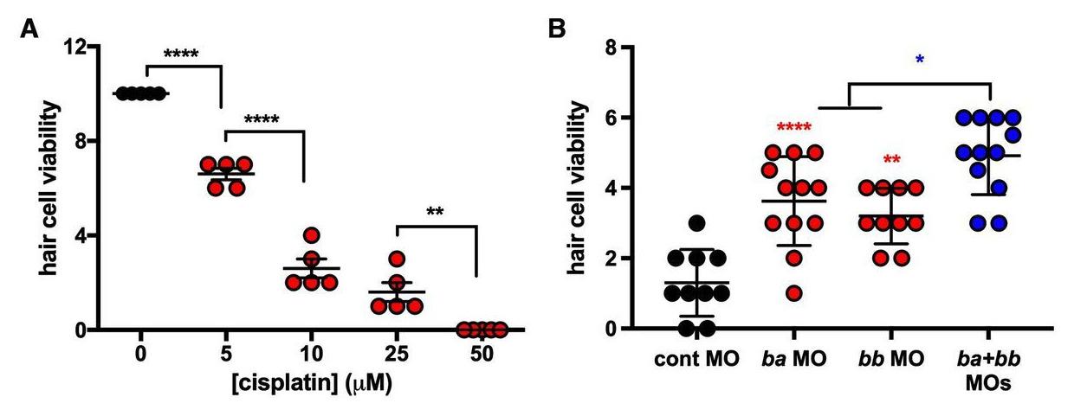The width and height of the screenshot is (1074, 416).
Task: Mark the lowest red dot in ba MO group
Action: click(x=793, y=293)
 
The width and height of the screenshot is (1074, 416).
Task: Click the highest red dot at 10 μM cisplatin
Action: click(x=311, y=235)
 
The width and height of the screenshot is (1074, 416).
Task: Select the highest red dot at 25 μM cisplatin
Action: click(x=397, y=259)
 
